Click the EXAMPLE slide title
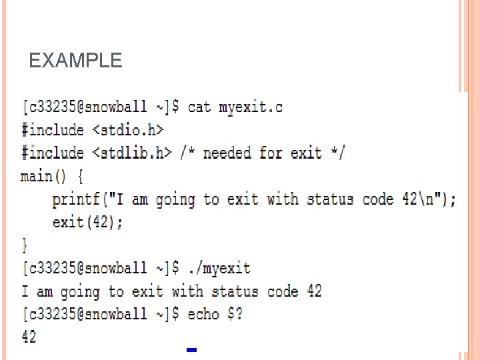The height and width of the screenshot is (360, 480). pos(76,61)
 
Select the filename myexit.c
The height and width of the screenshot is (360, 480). pos(251,107)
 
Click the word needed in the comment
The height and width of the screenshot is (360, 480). pos(227,153)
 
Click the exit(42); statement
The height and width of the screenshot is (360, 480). pos(87,223)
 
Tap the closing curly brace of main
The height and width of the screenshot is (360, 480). pos(25,245)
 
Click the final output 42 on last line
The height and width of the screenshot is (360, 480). pos(29,337)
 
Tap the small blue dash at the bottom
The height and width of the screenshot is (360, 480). pos(191,349)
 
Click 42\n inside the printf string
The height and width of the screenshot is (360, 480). pos(421,199)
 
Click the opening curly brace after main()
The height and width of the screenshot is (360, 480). pos(80,177)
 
